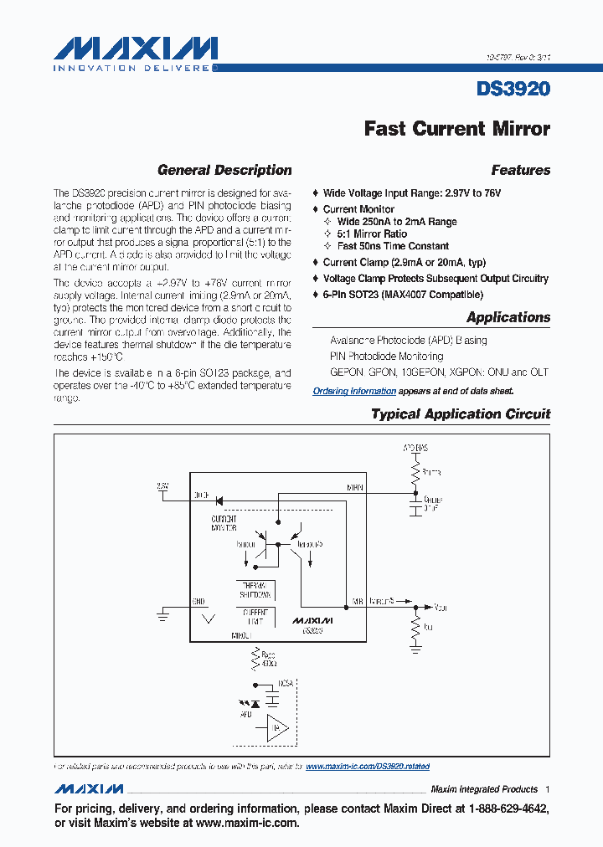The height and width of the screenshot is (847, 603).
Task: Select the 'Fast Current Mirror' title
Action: point(456,129)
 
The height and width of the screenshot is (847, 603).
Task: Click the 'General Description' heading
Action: point(224,170)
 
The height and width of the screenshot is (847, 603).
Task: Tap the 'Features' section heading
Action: point(520,170)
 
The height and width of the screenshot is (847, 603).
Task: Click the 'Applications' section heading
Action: point(508,317)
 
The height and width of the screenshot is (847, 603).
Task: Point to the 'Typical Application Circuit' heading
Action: point(461,414)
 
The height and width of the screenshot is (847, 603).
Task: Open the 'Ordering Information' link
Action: point(354,391)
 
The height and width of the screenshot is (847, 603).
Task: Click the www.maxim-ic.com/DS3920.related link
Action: point(368,766)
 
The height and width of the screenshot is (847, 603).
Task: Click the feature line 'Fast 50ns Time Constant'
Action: point(393,246)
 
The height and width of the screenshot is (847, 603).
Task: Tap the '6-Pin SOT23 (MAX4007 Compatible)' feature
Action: point(403,295)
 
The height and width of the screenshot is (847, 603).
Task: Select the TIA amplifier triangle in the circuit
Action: point(277,728)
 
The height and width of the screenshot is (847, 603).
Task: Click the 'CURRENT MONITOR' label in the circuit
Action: point(224,524)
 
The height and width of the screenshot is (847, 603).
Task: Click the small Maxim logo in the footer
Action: point(90,789)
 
